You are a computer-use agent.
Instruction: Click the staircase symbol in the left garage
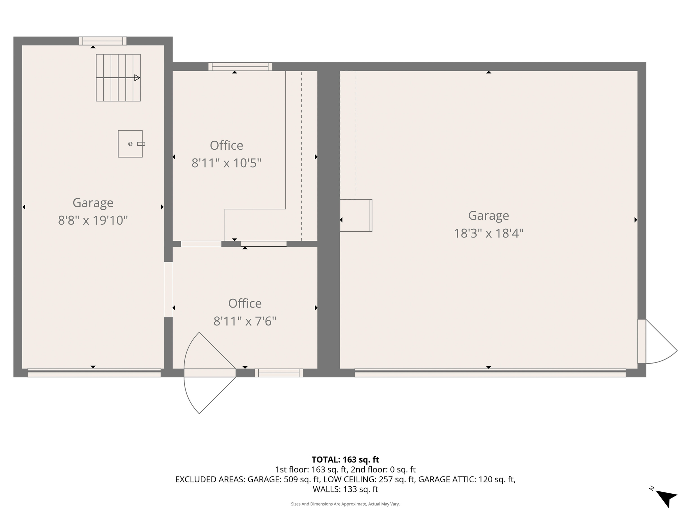point(118,78)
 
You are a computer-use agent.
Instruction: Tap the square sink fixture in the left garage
point(130,144)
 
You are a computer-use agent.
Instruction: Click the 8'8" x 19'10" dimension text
point(93,221)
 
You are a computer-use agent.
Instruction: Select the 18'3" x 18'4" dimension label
point(488,233)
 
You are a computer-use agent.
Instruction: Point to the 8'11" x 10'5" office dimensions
point(226,163)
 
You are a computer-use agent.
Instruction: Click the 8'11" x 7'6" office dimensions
point(245,321)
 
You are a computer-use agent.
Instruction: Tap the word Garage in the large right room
point(488,215)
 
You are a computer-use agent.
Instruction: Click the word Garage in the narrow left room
point(93,203)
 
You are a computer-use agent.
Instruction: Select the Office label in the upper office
point(226,145)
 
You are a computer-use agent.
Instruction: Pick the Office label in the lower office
point(245,304)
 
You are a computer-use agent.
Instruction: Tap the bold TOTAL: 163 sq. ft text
point(345,460)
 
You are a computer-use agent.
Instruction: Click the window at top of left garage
point(103,41)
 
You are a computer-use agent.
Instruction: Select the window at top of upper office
point(240,66)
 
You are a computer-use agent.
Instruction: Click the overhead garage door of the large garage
point(490,373)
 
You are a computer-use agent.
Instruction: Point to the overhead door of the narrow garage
point(94,373)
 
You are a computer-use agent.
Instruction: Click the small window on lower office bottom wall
point(279,373)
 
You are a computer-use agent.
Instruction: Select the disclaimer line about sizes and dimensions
point(345,504)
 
